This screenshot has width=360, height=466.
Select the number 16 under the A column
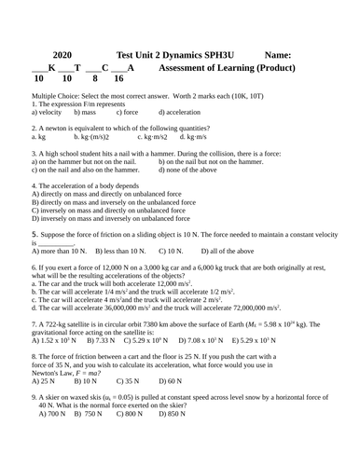[x=118, y=79]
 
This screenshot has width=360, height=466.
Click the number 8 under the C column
[x=95, y=79]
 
